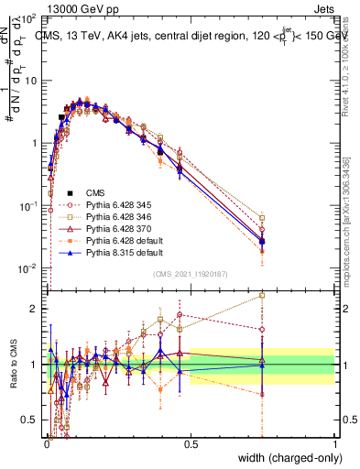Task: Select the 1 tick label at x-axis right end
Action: pyautogui.click(x=334, y=442)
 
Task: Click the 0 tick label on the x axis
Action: pyautogui.click(x=46, y=442)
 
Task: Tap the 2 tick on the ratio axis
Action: pyautogui.click(x=37, y=309)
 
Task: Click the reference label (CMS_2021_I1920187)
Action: pyautogui.click(x=190, y=273)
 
